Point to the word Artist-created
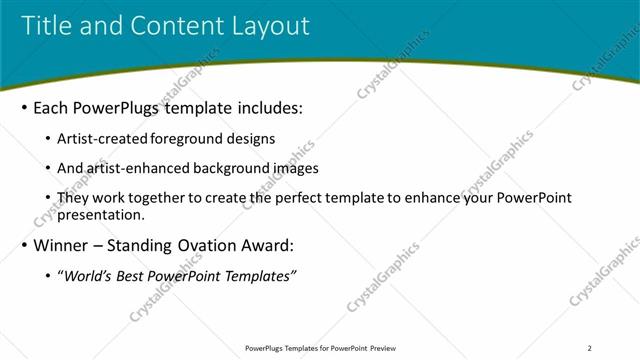[x=103, y=139]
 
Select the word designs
[x=251, y=139]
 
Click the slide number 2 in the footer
[x=589, y=348]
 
